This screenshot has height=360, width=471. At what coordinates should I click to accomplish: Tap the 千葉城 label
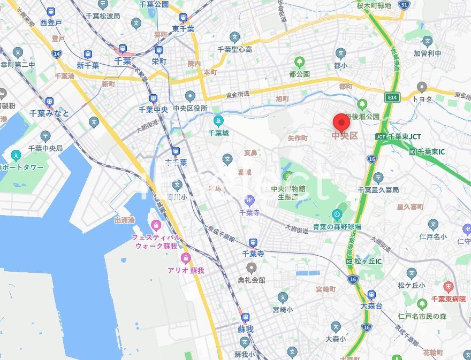[218, 133]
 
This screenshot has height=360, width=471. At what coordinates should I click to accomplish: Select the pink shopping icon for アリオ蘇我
[186, 259]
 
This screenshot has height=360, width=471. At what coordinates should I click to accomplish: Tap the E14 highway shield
[393, 97]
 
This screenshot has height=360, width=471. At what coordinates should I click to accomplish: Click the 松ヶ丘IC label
[371, 261]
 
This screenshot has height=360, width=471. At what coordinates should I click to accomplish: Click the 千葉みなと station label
[49, 113]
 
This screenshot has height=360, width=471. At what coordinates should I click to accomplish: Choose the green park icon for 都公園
[299, 62]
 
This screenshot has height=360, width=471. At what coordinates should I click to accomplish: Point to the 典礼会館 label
[252, 280]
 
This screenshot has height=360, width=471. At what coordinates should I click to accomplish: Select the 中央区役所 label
[189, 109]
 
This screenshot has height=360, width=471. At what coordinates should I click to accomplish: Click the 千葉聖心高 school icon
[234, 37]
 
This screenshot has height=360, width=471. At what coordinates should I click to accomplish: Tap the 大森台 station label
[371, 307]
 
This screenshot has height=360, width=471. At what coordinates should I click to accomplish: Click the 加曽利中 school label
[427, 53]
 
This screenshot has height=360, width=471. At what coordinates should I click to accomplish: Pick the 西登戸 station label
[51, 23]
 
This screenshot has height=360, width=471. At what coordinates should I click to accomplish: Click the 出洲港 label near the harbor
[124, 220]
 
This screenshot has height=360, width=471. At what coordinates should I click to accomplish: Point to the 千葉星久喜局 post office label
[378, 190]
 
